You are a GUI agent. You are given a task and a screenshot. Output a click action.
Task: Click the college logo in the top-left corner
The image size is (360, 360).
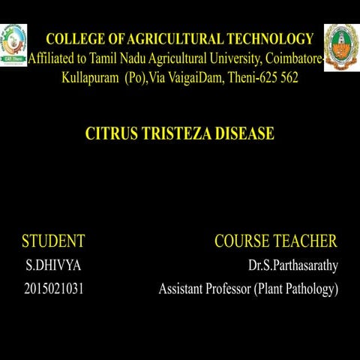click(x=13, y=44)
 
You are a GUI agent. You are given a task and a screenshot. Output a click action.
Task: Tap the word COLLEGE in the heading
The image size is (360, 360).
click(x=73, y=39)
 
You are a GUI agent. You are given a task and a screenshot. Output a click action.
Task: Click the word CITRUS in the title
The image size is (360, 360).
click(x=111, y=134)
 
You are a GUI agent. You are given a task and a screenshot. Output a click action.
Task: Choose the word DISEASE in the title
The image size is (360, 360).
click(x=244, y=134)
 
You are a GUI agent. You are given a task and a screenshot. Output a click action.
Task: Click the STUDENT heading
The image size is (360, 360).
click(x=53, y=241)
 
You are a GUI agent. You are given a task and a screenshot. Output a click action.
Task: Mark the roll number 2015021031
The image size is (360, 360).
click(x=54, y=289)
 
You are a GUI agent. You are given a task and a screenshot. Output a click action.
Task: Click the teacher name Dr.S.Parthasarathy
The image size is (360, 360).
click(x=292, y=265)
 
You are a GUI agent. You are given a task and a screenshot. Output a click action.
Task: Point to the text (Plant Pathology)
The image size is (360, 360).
click(x=295, y=289)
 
